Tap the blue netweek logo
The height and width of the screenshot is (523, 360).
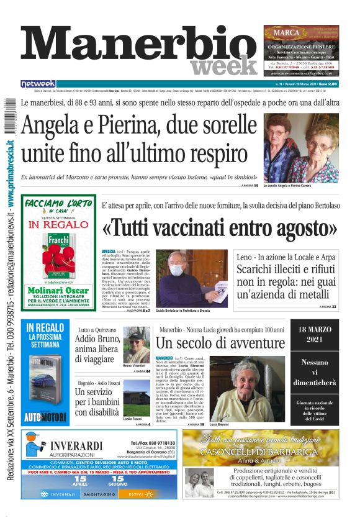pyautogui.click(x=38, y=84)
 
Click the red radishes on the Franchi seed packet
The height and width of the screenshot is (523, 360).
pyautogui.click(x=57, y=261)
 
